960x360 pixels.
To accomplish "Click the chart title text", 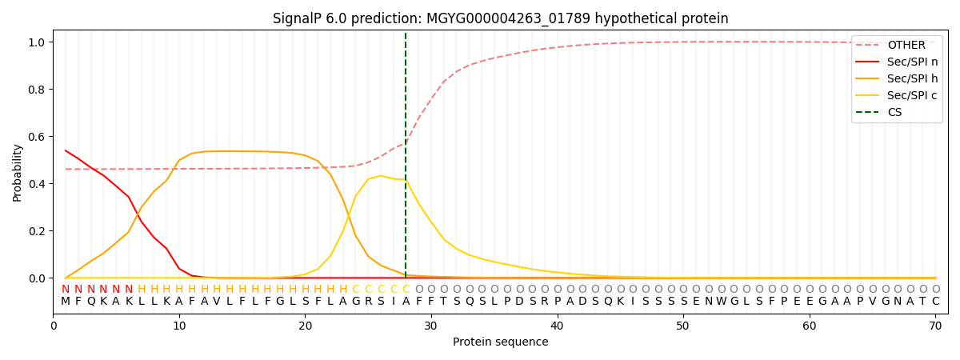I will [x=500, y=18].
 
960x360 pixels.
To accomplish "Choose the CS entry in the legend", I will [x=894, y=113].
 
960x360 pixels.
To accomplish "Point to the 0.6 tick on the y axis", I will [x=37, y=137].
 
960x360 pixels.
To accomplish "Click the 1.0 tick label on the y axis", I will [x=37, y=42].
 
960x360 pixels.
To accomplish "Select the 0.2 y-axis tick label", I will [x=37, y=231].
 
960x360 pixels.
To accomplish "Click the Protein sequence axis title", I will [x=500, y=342].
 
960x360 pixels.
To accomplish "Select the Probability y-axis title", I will [x=18, y=172].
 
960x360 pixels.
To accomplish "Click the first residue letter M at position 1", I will [x=66, y=302].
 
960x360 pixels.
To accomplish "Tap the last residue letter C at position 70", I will [x=935, y=302].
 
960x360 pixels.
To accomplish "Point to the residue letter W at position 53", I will [x=721, y=302].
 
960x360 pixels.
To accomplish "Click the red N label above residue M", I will [x=66, y=290].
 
